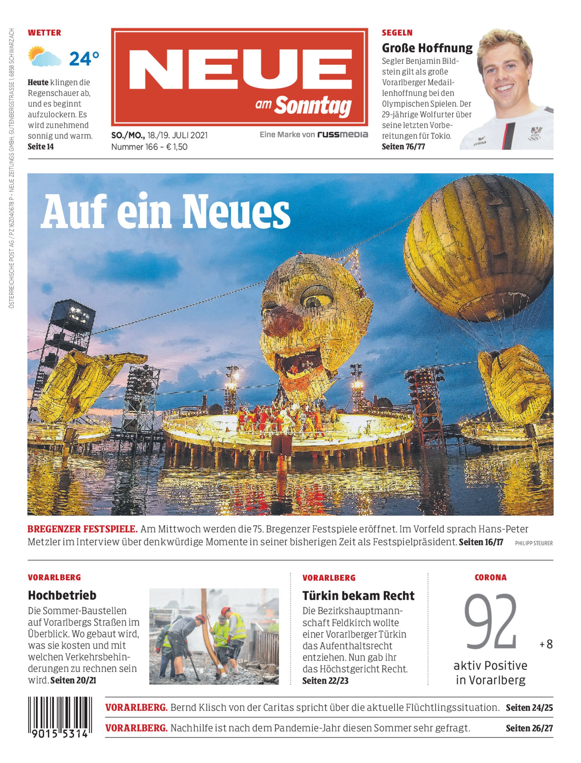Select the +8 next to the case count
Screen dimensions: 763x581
pyautogui.click(x=546, y=644)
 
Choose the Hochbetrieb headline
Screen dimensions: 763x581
pyautogui.click(x=62, y=595)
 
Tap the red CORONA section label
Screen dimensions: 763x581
pyautogui.click(x=490, y=577)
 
